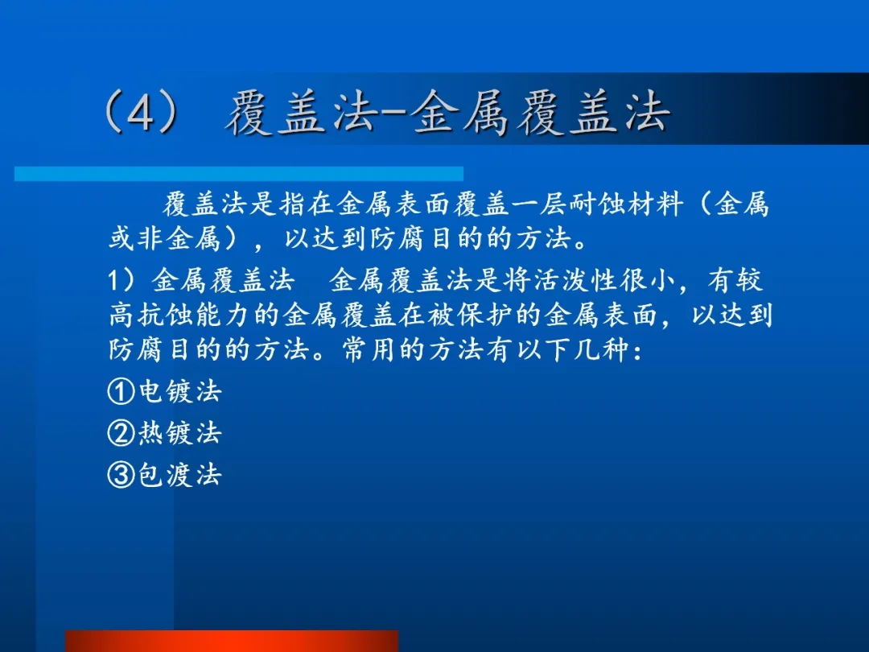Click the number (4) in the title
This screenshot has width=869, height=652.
[142, 113]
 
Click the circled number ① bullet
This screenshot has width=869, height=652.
[121, 391]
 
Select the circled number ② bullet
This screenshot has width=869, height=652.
[121, 433]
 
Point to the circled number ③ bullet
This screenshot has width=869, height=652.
[121, 475]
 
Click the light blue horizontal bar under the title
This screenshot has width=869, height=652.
[239, 174]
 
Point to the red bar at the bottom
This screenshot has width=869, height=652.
[232, 641]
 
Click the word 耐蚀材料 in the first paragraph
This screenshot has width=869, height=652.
[626, 204]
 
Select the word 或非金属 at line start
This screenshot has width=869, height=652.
[165, 239]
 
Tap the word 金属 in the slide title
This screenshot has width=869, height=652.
[459, 113]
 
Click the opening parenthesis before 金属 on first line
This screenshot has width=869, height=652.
[705, 204]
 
